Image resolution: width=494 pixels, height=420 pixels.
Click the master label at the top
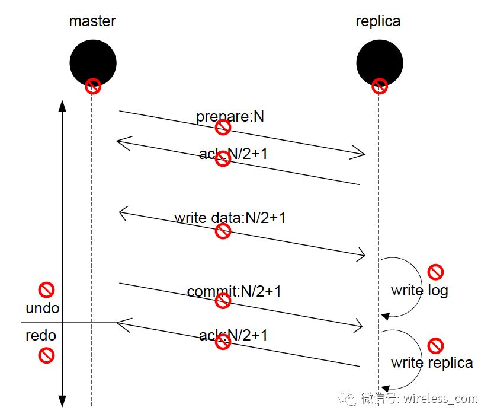[92, 21]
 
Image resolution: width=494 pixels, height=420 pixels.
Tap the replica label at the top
[378, 21]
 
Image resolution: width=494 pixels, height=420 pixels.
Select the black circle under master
[93, 59]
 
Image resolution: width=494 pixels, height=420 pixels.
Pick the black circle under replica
[380, 59]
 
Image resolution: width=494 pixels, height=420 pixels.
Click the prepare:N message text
[230, 116]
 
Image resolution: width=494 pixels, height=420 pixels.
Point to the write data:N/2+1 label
[230, 218]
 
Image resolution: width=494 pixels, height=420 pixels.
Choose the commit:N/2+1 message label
[233, 291]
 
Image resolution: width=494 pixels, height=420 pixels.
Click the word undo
[43, 308]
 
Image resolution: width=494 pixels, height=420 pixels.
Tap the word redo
[41, 335]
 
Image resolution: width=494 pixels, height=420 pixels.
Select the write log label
[419, 291]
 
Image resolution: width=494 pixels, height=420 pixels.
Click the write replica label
[431, 362]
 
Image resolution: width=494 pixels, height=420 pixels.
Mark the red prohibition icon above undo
[46, 289]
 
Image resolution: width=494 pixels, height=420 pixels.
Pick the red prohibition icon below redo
[46, 355]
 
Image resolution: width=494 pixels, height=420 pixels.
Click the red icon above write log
[435, 272]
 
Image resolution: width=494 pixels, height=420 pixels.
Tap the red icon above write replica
[435, 345]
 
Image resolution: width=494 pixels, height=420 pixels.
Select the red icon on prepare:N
[223, 127]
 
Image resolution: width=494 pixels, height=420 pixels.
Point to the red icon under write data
[223, 231]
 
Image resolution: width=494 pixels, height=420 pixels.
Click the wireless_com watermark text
[441, 398]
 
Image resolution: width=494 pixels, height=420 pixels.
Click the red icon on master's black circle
[93, 86]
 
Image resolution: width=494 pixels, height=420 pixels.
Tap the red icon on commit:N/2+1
[223, 301]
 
